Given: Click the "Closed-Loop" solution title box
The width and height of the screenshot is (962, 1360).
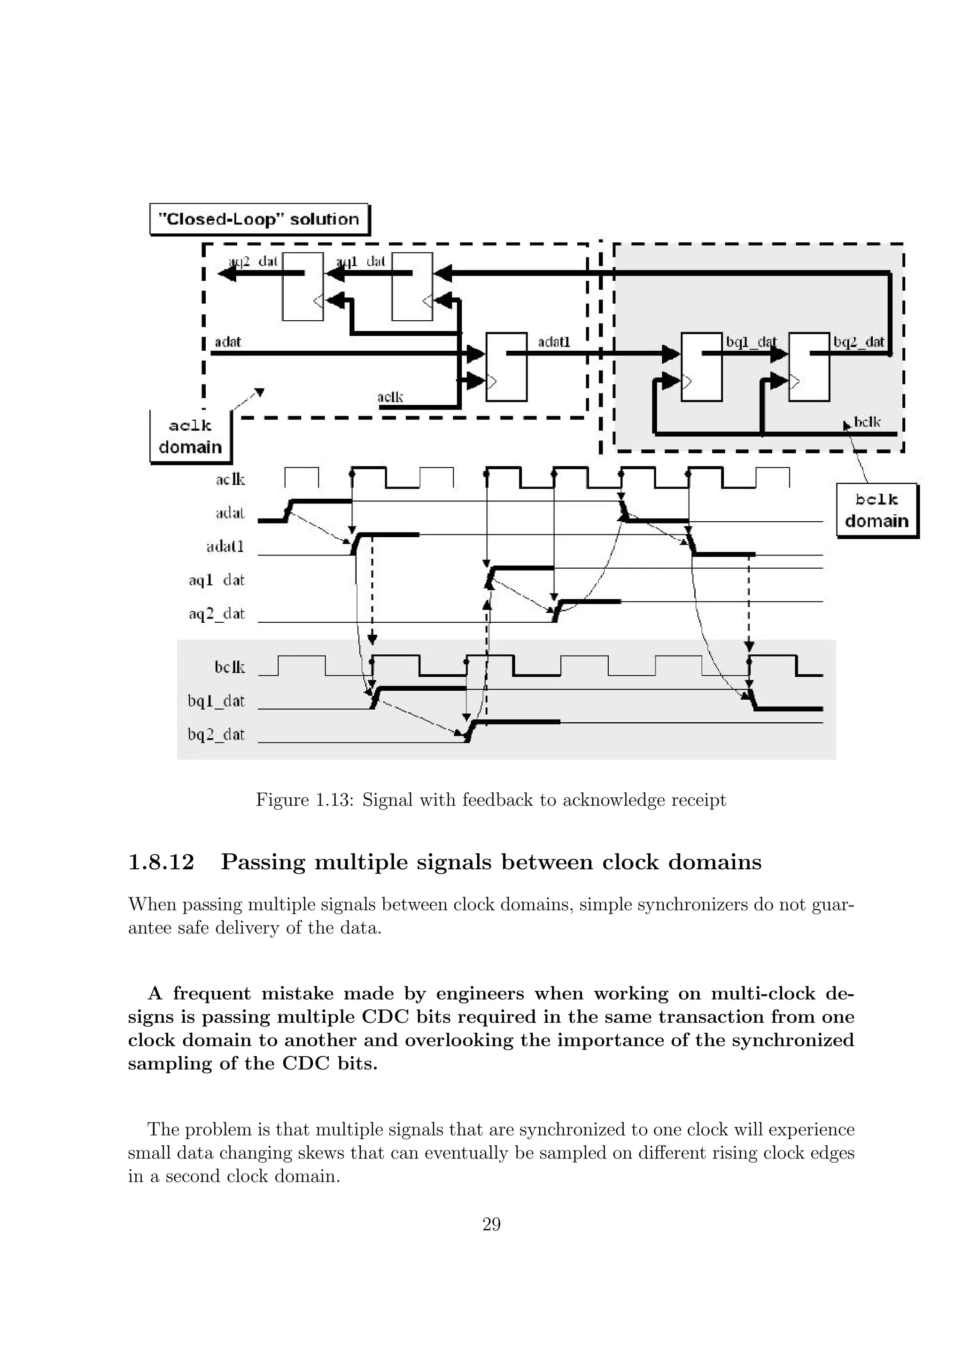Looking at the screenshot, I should pyautogui.click(x=259, y=219).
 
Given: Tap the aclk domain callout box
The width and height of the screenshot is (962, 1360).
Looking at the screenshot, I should pyautogui.click(x=190, y=437).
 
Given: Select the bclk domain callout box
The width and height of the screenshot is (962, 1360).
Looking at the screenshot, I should pyautogui.click(x=876, y=510).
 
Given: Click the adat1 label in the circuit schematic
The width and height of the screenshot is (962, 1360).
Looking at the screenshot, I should pyautogui.click(x=554, y=342).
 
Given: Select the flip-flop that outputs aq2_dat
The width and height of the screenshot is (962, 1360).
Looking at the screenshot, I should pyautogui.click(x=303, y=286).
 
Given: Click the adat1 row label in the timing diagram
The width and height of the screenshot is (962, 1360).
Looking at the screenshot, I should pyautogui.click(x=225, y=546).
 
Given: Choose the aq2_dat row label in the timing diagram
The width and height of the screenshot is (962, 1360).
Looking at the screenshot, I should pyautogui.click(x=216, y=614).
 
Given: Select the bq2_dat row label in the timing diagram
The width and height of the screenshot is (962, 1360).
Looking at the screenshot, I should pyautogui.click(x=216, y=734).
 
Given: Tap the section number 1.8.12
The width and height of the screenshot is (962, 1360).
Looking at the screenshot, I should pyautogui.click(x=161, y=862).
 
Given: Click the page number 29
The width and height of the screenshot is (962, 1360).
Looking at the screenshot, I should pyautogui.click(x=491, y=1224).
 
